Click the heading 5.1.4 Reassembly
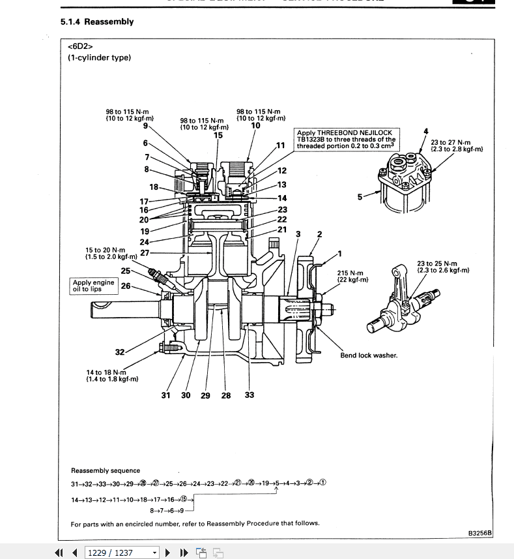click(x=97, y=22)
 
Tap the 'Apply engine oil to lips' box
click(x=94, y=286)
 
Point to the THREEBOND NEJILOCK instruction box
click(x=346, y=140)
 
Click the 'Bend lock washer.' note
click(x=369, y=355)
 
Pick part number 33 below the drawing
click(x=250, y=395)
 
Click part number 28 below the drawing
click(x=226, y=395)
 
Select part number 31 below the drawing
click(x=165, y=395)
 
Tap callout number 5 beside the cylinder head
click(x=360, y=196)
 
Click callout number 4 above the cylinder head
click(x=426, y=132)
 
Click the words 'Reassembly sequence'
click(x=106, y=470)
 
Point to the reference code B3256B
click(x=479, y=533)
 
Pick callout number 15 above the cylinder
click(x=218, y=135)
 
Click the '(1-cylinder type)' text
click(x=100, y=57)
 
